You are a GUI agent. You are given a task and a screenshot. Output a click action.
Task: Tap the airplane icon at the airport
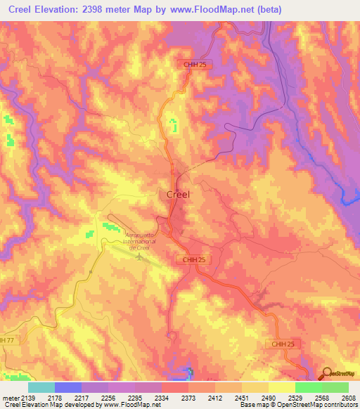[x=139, y=255]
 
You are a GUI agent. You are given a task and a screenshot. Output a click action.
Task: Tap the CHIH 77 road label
[x=7, y=340]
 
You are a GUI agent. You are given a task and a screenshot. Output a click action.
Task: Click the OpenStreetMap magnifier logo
[x=326, y=373]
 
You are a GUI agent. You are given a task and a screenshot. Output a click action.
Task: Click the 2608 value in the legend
[x=349, y=397]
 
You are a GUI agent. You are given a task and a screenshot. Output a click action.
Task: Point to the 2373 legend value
[x=188, y=397]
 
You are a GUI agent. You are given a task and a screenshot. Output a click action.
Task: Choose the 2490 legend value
[x=268, y=397]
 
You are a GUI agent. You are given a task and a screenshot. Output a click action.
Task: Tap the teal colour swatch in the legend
[x=41, y=387]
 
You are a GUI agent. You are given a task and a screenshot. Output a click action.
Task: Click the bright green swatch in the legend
[x=308, y=387]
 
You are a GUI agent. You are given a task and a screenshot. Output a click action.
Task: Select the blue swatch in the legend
[x=67, y=387]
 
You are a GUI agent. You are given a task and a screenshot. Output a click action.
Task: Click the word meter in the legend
[x=9, y=397]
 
